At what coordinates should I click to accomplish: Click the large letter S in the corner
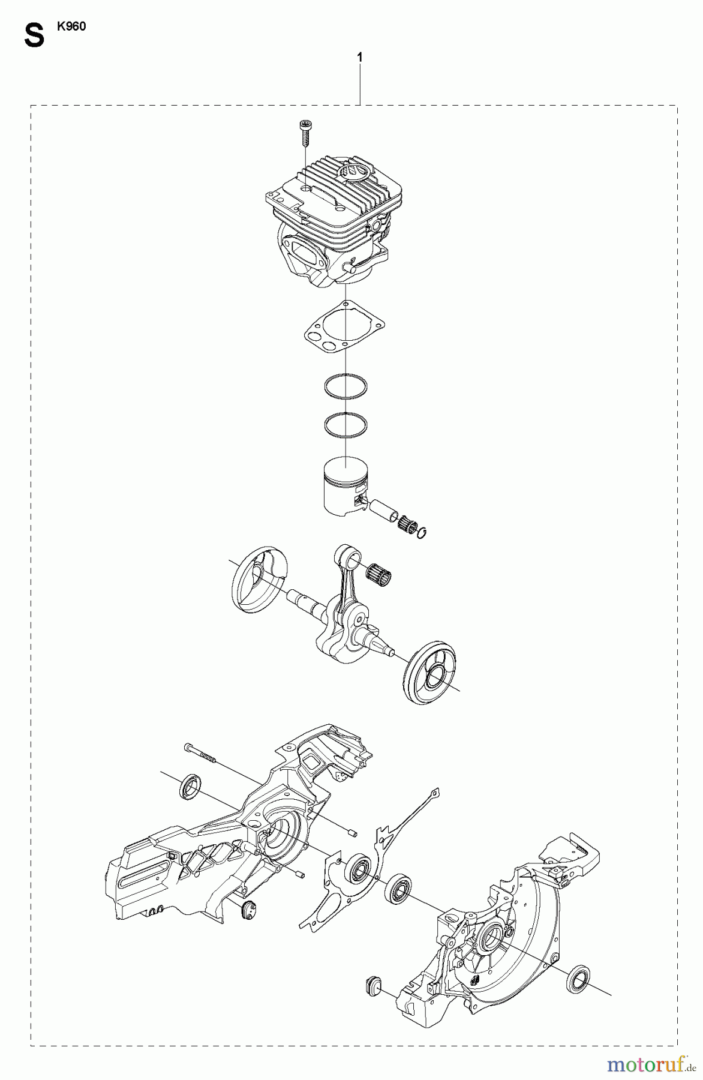pos(34,37)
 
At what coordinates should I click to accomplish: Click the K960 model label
pos(71,27)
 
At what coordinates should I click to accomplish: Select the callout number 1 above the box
pos(359,58)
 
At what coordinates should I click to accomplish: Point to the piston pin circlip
pos(422,530)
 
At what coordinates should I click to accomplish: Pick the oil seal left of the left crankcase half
pos(191,786)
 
